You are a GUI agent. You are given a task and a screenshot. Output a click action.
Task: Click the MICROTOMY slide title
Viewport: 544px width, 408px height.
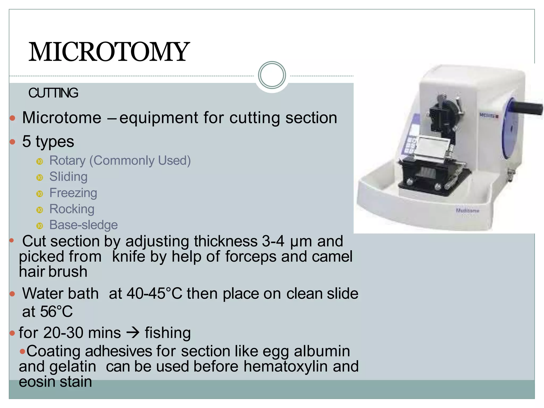click(109, 52)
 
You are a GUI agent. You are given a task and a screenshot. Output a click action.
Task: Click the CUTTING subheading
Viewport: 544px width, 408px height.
click(53, 93)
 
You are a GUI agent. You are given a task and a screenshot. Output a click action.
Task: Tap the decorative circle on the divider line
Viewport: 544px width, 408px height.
click(272, 75)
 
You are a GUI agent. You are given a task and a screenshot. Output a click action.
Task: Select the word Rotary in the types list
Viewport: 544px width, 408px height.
click(67, 161)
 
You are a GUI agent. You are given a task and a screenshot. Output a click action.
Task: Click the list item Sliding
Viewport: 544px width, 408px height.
click(68, 177)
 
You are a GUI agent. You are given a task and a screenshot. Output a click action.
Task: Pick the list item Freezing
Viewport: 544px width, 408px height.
click(73, 193)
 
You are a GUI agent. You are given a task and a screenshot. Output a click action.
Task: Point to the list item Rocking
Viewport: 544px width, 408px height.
click(72, 209)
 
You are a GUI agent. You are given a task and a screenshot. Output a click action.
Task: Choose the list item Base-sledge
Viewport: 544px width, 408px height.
click(83, 225)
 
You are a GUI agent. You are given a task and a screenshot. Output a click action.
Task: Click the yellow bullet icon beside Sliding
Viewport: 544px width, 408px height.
click(40, 177)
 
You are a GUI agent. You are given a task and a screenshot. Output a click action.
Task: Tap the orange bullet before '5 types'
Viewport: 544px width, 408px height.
click(12, 142)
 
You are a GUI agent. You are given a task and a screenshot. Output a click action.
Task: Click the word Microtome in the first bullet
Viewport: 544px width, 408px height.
click(62, 118)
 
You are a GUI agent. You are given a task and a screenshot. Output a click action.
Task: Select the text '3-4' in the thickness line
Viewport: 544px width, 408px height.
click(273, 241)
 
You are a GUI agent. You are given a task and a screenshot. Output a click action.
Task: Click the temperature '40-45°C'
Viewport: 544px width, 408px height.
click(154, 294)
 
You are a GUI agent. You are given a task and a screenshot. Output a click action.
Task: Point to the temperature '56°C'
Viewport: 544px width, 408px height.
click(56, 312)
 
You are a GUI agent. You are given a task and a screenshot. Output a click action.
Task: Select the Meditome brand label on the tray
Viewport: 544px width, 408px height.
click(467, 211)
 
